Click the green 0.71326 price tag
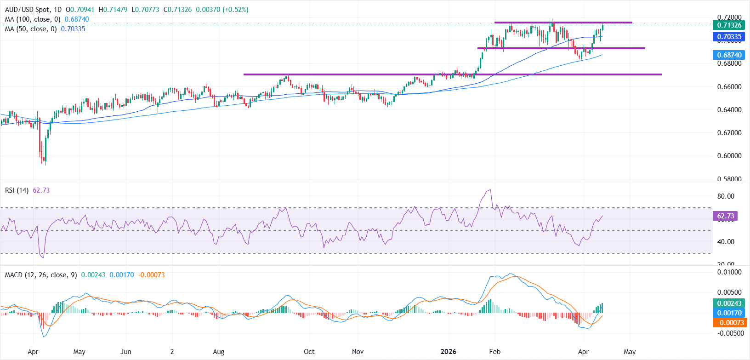point(729,25)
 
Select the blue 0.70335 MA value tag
point(729,37)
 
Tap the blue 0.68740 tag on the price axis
point(729,55)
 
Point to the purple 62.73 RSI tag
point(725,216)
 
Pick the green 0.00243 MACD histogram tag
point(729,303)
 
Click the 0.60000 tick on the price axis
point(729,156)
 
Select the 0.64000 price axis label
point(729,110)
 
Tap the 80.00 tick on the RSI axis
point(725,196)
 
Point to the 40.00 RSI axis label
point(725,242)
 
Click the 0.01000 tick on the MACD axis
point(729,272)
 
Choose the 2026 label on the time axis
point(448,352)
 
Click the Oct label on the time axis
point(309,352)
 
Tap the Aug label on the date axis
point(219,352)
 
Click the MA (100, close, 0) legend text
point(33,19)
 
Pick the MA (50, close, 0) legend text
point(31,29)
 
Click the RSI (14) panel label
point(17,190)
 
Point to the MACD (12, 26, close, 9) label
point(41,275)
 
